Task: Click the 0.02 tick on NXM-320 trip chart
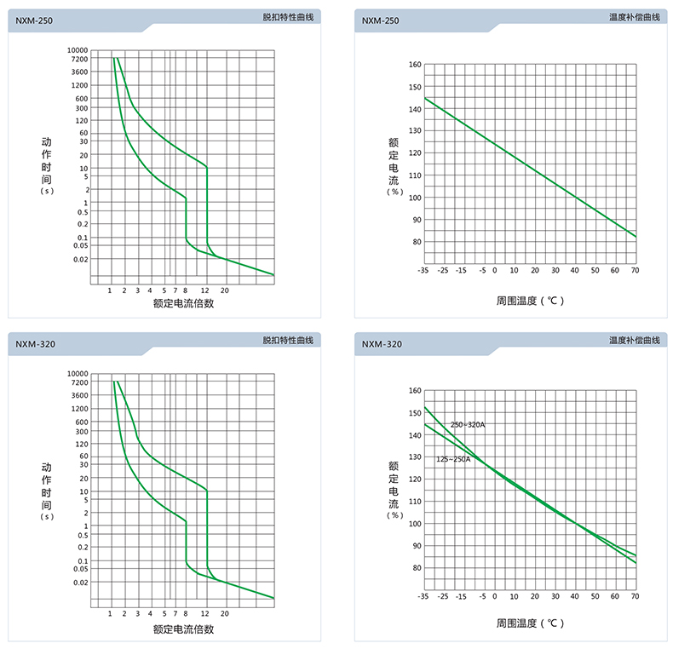coord(81,583)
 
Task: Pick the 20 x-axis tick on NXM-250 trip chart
coord(225,290)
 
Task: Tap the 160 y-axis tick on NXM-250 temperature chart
coord(415,64)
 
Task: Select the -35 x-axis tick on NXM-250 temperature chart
coord(423,270)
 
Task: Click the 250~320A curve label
coord(468,424)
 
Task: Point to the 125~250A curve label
coord(453,459)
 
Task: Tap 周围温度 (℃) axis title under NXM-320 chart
coord(530,623)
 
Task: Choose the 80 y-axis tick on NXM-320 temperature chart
coord(415,568)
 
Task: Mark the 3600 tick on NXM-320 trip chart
coord(80,395)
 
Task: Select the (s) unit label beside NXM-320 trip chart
coord(47,516)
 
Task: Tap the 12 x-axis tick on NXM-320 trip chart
coord(205,613)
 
